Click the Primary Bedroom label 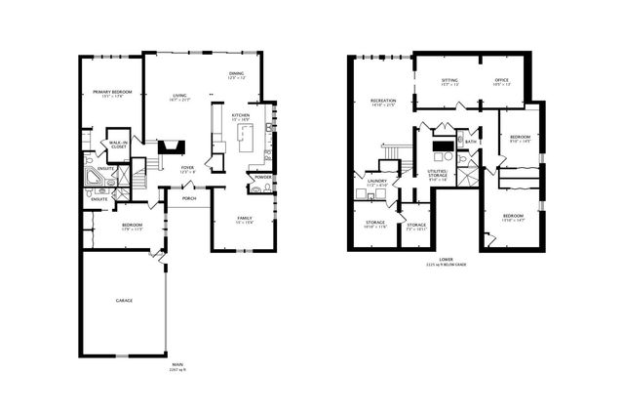[106, 91]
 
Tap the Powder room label [263, 177]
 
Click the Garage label [123, 300]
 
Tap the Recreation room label [382, 101]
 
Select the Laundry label [377, 181]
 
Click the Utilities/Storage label [437, 174]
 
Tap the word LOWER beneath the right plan [446, 260]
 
